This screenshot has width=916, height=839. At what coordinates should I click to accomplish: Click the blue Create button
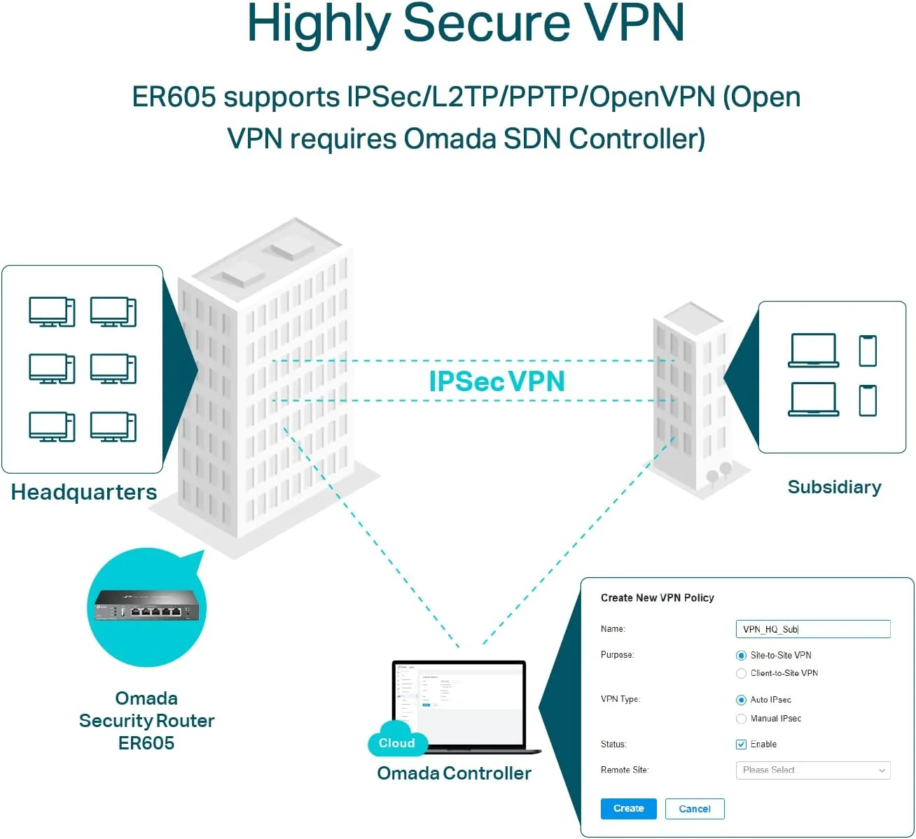click(628, 808)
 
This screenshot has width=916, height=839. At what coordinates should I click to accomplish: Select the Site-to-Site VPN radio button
click(741, 656)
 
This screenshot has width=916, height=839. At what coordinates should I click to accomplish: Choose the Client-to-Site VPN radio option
click(741, 673)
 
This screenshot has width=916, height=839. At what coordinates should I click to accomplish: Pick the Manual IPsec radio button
click(741, 719)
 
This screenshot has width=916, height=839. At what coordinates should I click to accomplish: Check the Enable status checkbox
click(741, 745)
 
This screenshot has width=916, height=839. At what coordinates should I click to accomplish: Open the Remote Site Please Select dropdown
click(812, 770)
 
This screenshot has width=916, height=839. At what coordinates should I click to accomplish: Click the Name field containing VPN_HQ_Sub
click(812, 629)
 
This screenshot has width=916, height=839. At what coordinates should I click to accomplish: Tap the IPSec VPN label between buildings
click(497, 381)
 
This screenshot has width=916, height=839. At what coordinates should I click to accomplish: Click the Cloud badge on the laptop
click(397, 742)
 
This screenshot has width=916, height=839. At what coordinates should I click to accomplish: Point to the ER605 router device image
click(147, 605)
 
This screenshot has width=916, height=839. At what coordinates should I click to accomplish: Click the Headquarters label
click(84, 492)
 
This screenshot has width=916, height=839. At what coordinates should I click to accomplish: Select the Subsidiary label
click(834, 487)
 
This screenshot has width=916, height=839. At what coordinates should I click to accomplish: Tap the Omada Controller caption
click(454, 773)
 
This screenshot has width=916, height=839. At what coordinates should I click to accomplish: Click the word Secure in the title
click(487, 23)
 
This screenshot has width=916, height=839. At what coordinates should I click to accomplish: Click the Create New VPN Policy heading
click(657, 598)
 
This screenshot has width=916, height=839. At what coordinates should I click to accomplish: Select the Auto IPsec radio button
click(741, 700)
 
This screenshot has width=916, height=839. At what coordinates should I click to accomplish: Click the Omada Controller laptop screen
click(459, 703)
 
